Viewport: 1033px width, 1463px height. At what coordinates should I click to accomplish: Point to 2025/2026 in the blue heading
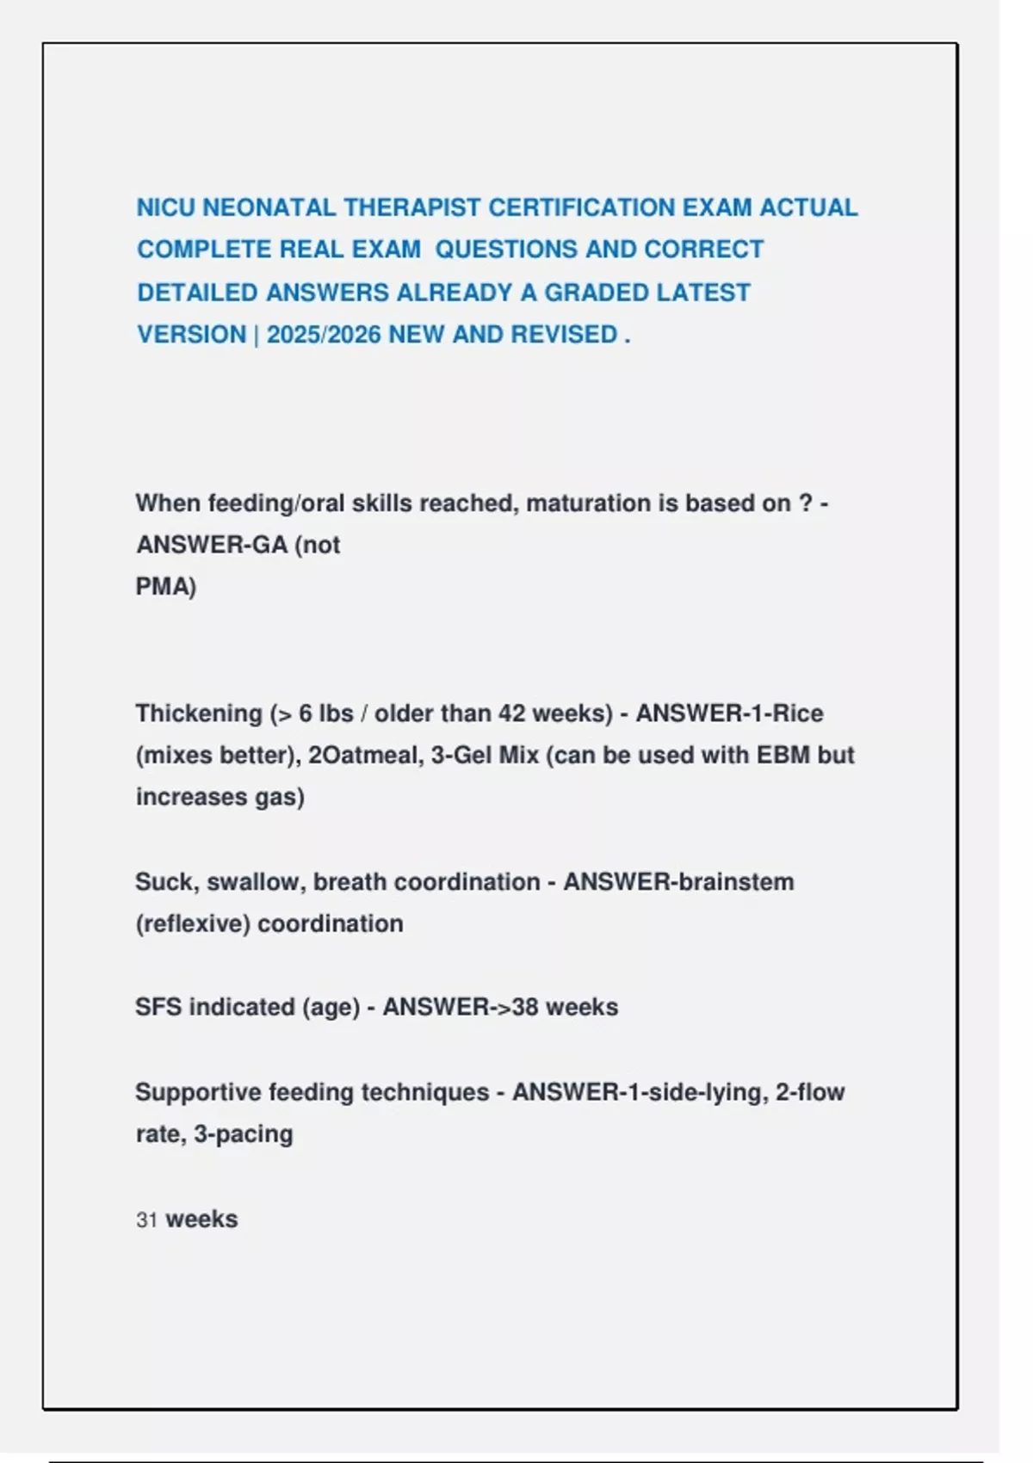324,335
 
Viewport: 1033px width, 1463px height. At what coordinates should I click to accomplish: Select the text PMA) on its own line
166,587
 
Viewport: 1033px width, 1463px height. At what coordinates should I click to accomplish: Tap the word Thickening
199,713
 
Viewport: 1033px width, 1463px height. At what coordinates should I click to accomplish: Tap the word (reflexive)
193,924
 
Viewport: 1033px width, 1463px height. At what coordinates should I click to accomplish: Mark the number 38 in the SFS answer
525,1007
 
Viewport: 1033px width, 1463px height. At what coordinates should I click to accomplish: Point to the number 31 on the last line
146,1220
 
